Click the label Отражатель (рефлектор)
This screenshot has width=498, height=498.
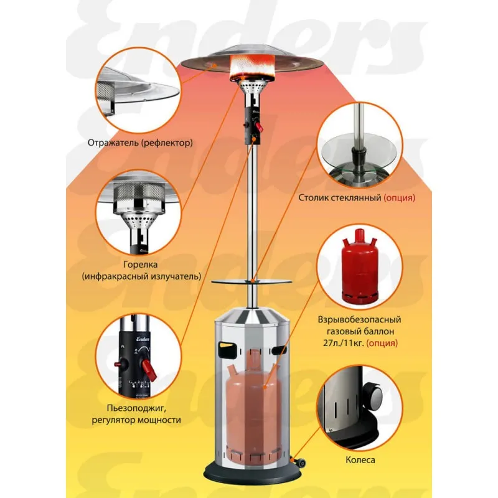coord(140,143)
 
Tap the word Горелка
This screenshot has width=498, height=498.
coord(141,264)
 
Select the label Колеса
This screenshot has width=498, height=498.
coord(360,459)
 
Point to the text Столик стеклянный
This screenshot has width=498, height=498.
coord(340,197)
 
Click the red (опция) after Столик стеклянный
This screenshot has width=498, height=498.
coord(399,197)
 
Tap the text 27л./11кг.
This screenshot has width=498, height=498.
coord(341,343)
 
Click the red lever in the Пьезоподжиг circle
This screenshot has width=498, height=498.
coord(149,370)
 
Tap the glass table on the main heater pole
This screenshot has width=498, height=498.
coord(251,281)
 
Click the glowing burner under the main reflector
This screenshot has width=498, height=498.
coord(251,67)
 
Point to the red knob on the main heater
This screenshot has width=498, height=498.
coord(260,128)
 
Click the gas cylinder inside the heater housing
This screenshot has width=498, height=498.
coord(253,407)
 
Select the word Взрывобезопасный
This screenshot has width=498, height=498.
coord(360,319)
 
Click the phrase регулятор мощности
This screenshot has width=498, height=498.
coord(136,420)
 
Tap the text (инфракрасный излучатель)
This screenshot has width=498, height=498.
coord(141,276)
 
